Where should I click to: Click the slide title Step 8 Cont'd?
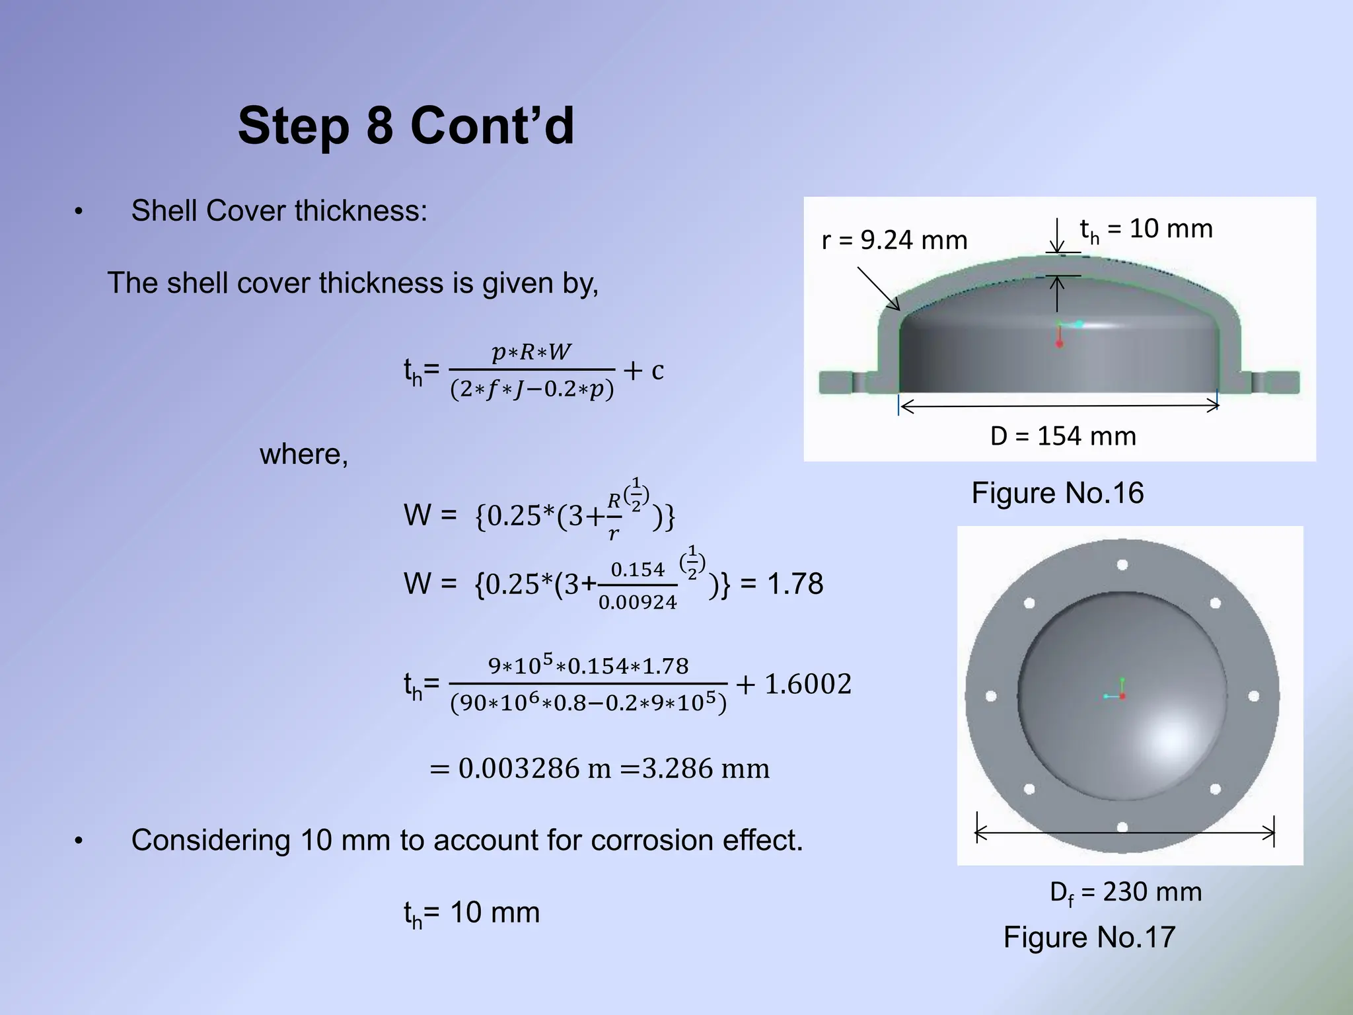tap(406, 126)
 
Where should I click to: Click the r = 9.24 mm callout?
tap(894, 240)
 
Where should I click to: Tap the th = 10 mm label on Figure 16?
tap(1146, 229)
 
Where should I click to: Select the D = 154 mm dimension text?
tap(1063, 436)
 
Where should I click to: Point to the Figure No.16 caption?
tap(1057, 493)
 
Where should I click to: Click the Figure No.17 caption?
tap(1089, 937)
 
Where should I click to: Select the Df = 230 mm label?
tap(1125, 892)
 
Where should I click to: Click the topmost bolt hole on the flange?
tap(1122, 565)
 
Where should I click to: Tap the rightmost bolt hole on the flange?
tap(1253, 696)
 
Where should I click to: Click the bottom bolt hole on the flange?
tap(1122, 827)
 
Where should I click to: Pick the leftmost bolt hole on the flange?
tap(991, 696)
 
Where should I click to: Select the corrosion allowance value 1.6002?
tap(807, 684)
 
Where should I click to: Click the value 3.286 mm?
tap(706, 769)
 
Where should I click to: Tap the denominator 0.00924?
tap(638, 602)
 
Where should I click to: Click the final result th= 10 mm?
tap(472, 913)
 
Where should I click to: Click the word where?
tap(304, 455)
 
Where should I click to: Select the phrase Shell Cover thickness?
tap(279, 211)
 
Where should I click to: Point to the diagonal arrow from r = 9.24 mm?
tap(879, 289)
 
